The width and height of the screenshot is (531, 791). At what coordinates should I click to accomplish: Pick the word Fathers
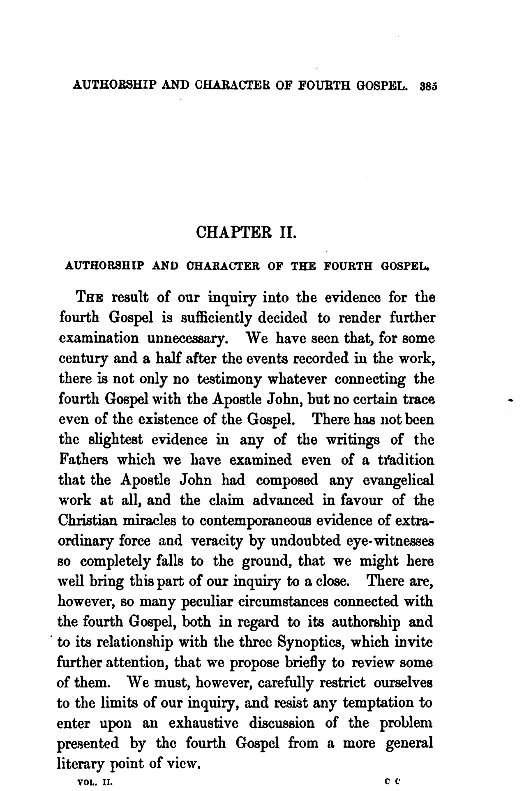(x=83, y=459)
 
